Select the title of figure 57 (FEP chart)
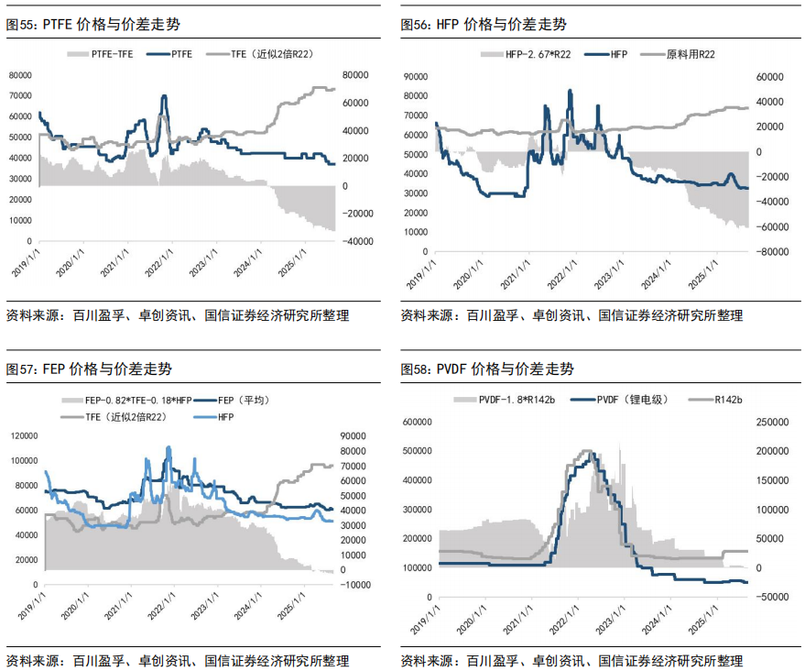point(89,369)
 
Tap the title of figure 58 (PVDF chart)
point(487,369)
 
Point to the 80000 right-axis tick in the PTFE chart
point(356,75)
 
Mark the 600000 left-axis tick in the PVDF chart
point(419,423)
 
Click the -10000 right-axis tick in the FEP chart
point(354,585)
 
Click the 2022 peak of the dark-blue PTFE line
point(164,96)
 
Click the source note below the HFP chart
point(571,316)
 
